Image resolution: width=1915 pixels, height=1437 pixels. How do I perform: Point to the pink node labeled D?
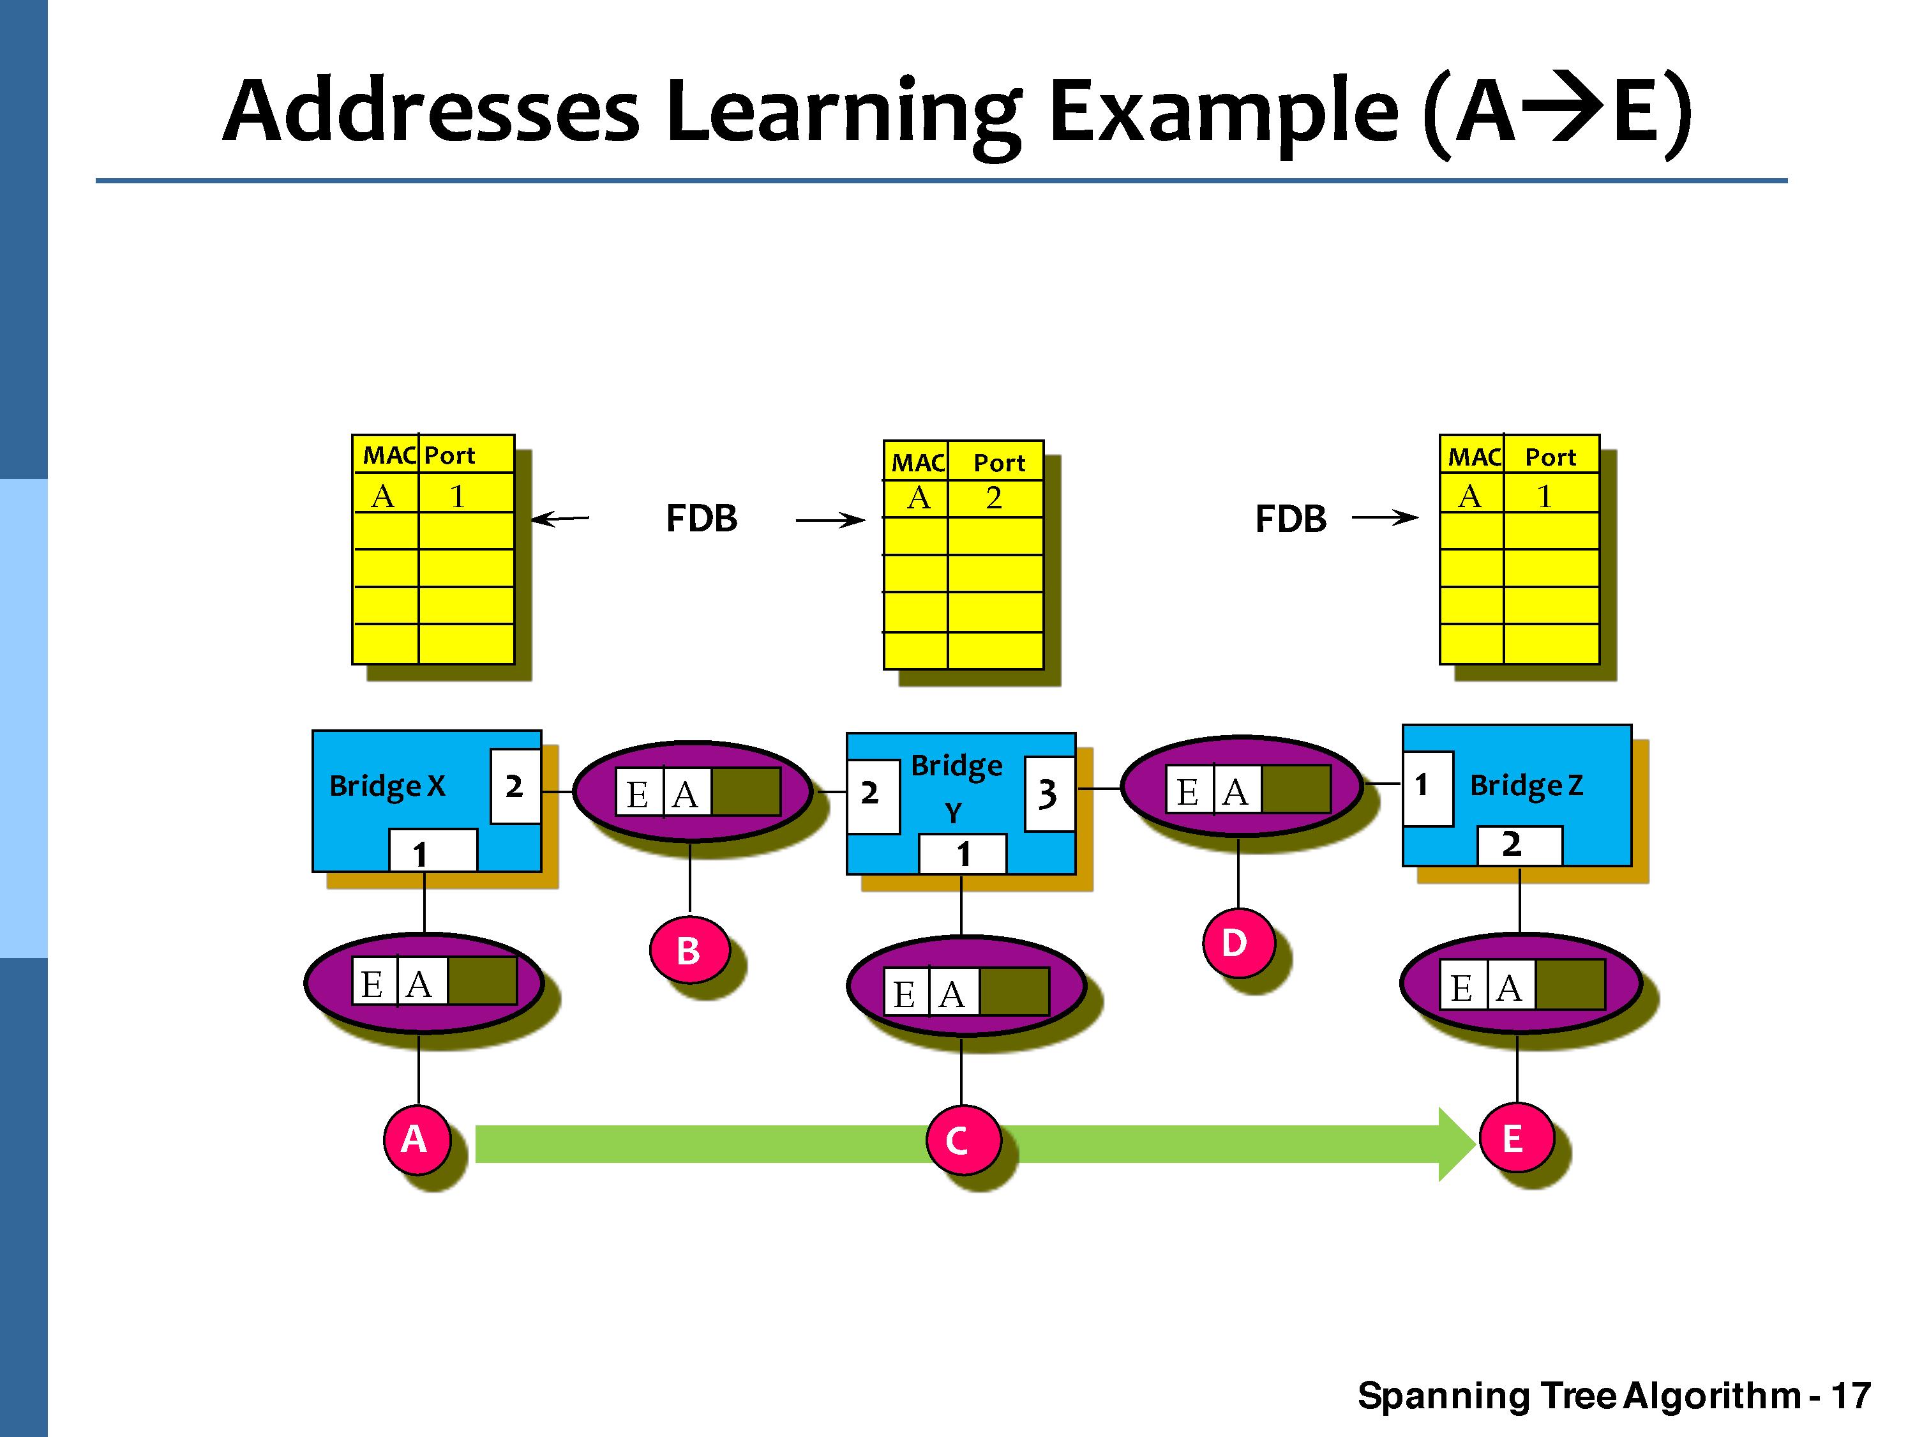point(1237,943)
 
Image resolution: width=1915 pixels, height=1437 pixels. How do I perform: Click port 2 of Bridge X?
point(515,786)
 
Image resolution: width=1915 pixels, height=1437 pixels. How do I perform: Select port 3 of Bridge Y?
point(1048,793)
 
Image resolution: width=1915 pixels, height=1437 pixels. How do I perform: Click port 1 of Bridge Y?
point(962,854)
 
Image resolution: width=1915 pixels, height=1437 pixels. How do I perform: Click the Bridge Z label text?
point(1526,785)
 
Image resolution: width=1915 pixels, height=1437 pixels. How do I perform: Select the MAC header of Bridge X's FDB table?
point(388,455)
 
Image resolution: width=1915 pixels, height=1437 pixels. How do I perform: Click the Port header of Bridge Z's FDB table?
point(1550,457)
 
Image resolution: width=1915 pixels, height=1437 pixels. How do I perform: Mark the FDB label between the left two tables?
point(702,518)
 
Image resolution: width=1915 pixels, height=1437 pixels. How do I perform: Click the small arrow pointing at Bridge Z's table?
point(1385,518)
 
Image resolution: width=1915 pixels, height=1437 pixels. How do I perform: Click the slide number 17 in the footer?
point(1851,1395)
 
